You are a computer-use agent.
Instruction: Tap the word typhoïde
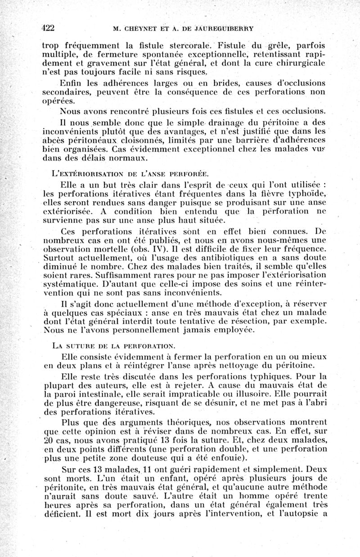[x=306, y=194]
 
